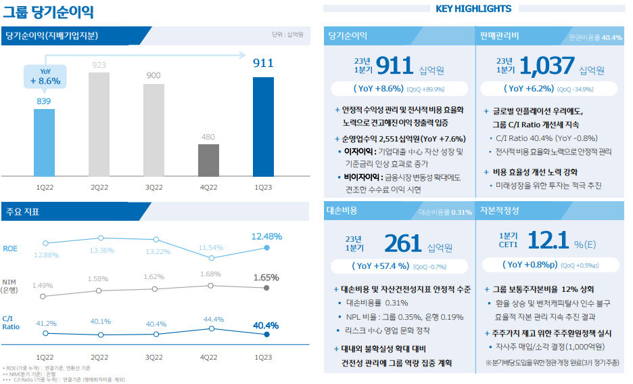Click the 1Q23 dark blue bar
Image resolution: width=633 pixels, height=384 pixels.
[x=263, y=126]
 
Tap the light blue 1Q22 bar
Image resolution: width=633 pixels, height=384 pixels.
[x=44, y=142]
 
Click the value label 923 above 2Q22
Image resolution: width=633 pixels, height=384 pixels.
[x=99, y=65]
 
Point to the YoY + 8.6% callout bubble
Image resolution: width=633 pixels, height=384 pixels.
[x=45, y=77]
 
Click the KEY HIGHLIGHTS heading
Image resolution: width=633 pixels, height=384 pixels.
[x=473, y=9]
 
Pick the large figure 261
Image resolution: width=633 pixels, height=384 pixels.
[x=402, y=243]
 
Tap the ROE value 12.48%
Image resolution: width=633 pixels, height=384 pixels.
[x=266, y=236]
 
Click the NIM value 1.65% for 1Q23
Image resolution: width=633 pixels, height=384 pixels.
[x=266, y=277]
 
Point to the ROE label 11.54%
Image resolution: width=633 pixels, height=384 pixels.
[x=212, y=248]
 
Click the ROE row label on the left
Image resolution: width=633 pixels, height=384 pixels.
[x=10, y=249]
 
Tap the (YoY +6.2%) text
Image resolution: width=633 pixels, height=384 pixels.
[x=530, y=89]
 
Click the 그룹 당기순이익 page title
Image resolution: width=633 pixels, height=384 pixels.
[x=48, y=12]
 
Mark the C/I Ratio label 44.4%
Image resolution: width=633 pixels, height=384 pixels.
[x=212, y=319]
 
